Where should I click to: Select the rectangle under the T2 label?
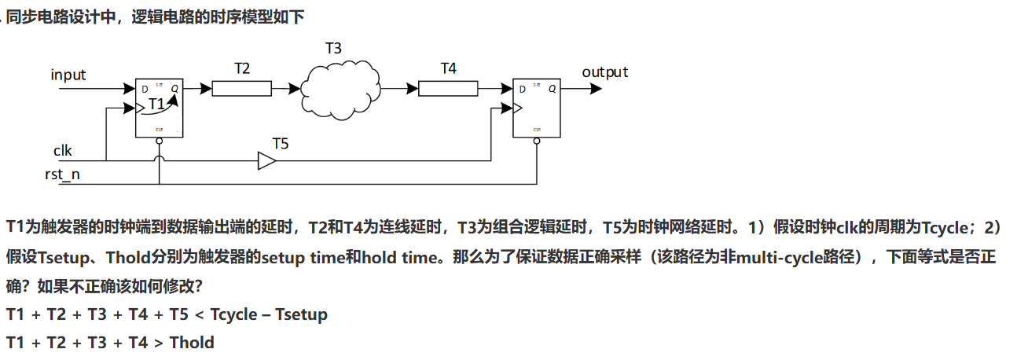[x=241, y=88]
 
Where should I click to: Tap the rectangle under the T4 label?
[x=447, y=88]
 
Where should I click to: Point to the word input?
[x=68, y=75]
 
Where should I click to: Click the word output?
[x=604, y=72]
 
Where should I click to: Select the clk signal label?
[x=63, y=150]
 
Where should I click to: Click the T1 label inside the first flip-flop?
[x=157, y=104]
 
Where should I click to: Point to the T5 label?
[x=281, y=144]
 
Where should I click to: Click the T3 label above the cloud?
[x=333, y=48]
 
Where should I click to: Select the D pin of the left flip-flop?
[x=145, y=89]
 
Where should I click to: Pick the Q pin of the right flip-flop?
[x=552, y=89]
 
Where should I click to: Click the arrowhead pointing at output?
[x=596, y=89]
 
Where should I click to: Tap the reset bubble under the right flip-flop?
[x=536, y=141]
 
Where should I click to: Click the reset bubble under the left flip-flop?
[x=160, y=141]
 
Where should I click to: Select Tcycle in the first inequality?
[x=233, y=315]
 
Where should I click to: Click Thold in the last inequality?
[x=192, y=342]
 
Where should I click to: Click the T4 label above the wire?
[x=448, y=68]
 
